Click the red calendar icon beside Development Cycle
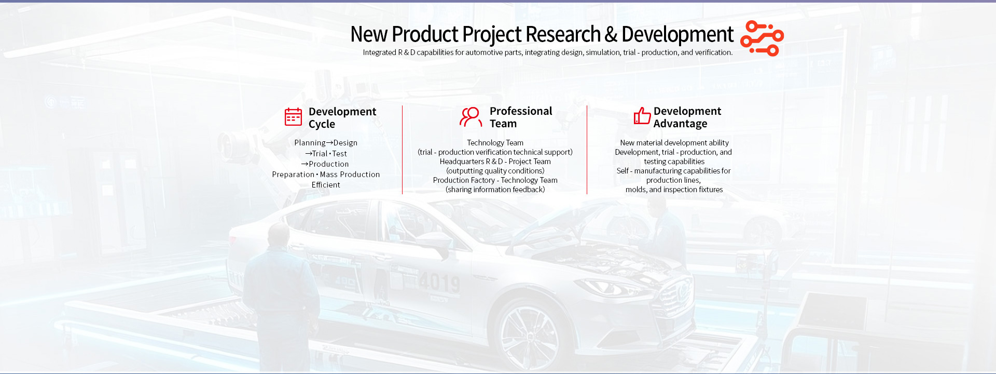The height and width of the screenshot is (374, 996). pyautogui.click(x=293, y=117)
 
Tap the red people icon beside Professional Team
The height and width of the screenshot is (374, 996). pyautogui.click(x=471, y=117)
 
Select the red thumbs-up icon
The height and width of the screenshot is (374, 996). pyautogui.click(x=642, y=116)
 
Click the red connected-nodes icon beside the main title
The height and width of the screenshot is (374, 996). pyautogui.click(x=762, y=38)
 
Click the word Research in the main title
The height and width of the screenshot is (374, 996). pyautogui.click(x=563, y=34)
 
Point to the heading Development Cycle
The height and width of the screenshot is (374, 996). pyautogui.click(x=342, y=118)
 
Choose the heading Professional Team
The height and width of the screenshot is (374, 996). pyautogui.click(x=521, y=117)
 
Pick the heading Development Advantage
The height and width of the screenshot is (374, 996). pyautogui.click(x=687, y=117)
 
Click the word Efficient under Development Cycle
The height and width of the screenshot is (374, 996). pyautogui.click(x=326, y=185)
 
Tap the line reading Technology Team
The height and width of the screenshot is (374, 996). pyautogui.click(x=495, y=143)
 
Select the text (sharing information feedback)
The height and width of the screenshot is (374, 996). pyautogui.click(x=495, y=190)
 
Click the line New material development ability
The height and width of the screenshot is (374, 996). pyautogui.click(x=674, y=143)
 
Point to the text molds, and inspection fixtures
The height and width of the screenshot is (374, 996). pyautogui.click(x=674, y=190)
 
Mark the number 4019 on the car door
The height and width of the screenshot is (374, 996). pyautogui.click(x=439, y=283)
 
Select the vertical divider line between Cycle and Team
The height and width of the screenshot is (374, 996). pyautogui.click(x=402, y=150)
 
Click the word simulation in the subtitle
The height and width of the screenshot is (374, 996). pyautogui.click(x=603, y=52)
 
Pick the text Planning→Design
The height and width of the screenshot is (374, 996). pyautogui.click(x=326, y=143)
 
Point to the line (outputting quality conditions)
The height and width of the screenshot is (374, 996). pyautogui.click(x=495, y=171)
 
